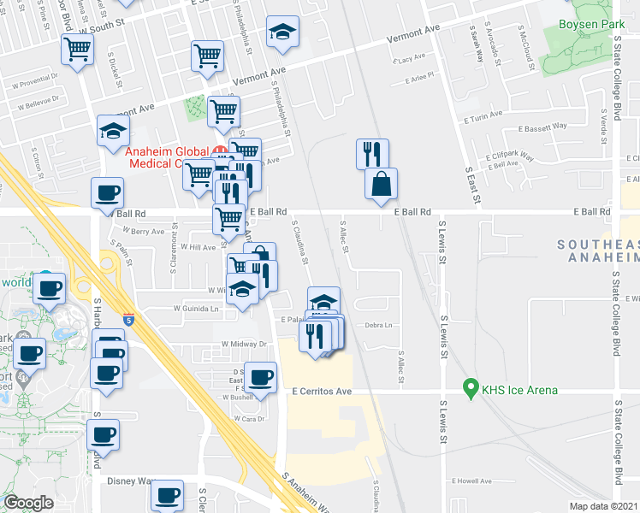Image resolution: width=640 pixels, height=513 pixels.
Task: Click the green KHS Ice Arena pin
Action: tap(469, 389)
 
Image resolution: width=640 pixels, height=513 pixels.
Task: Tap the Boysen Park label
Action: tap(590, 26)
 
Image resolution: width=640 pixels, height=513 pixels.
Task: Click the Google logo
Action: tap(29, 502)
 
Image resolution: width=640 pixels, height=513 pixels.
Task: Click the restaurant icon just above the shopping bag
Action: tap(372, 154)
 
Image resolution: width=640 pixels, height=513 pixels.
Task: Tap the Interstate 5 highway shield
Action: tap(127, 318)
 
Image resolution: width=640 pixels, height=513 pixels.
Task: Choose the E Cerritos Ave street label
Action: tap(322, 391)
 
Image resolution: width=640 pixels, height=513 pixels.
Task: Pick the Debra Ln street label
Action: tap(377, 325)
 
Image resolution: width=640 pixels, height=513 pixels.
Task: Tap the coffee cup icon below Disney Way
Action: tap(167, 494)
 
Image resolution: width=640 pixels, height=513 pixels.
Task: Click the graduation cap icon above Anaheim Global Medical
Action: tap(114, 131)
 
